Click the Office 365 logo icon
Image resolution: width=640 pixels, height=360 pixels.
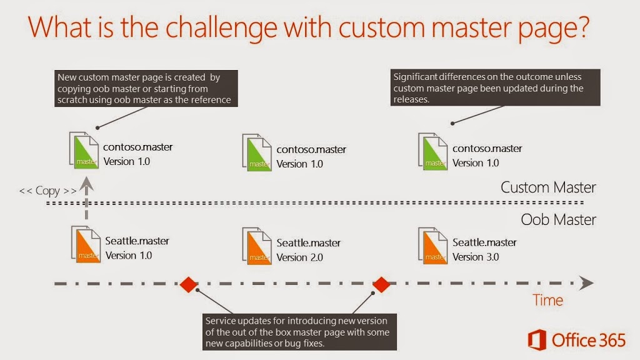(x=537, y=339)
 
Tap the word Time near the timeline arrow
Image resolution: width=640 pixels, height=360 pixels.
(x=547, y=300)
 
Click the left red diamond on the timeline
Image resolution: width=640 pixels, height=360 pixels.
(x=189, y=284)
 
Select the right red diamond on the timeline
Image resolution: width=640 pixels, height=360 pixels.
(x=381, y=284)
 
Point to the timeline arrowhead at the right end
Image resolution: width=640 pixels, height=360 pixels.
(x=587, y=283)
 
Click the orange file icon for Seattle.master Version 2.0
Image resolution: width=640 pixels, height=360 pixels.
(x=257, y=246)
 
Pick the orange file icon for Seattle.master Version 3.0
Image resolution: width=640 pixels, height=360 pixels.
(x=433, y=246)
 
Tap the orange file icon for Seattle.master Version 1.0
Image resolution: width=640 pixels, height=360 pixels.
(x=86, y=244)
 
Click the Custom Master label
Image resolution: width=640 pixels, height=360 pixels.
(x=548, y=187)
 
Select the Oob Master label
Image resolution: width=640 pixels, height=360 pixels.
(x=558, y=219)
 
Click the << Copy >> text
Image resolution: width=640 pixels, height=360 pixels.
(x=47, y=191)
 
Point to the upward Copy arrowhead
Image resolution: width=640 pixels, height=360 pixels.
(x=86, y=184)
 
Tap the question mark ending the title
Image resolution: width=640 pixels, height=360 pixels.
(x=582, y=26)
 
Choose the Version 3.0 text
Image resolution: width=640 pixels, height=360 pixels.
(x=476, y=257)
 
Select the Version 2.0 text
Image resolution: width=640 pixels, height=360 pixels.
(x=299, y=257)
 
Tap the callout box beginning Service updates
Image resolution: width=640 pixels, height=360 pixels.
(x=299, y=332)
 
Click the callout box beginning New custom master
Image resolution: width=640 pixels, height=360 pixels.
(x=146, y=89)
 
